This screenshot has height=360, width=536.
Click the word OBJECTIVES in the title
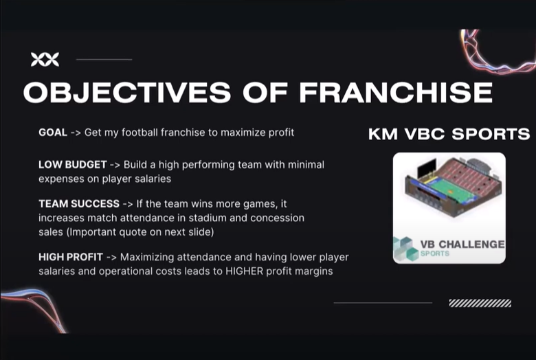tap(127, 92)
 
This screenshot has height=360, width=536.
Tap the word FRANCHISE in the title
tap(396, 92)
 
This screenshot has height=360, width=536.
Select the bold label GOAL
tap(53, 133)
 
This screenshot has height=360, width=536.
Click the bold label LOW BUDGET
tap(72, 165)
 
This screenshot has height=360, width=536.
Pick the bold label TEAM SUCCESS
tap(79, 204)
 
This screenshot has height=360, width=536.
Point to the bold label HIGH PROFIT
tap(71, 257)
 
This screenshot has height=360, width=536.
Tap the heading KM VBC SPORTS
tap(449, 134)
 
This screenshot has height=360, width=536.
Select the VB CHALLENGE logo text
tap(462, 244)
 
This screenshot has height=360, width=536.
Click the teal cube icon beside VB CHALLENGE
tap(405, 249)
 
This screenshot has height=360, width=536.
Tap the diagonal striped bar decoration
tap(480, 303)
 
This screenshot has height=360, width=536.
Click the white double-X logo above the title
tap(45, 60)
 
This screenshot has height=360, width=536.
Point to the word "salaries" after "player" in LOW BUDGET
tap(153, 179)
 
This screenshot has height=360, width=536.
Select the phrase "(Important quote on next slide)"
tap(140, 232)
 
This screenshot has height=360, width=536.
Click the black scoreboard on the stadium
tap(427, 168)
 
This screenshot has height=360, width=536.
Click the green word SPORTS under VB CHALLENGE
tap(435, 254)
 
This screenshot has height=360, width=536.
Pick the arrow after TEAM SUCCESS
tap(128, 204)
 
